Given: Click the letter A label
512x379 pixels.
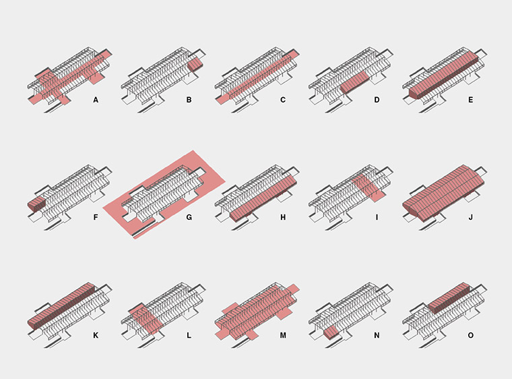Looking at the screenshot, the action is pyautogui.click(x=96, y=100).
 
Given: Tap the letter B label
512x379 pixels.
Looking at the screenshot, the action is pyautogui.click(x=189, y=100).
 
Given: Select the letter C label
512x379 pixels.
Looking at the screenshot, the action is pyautogui.click(x=283, y=100).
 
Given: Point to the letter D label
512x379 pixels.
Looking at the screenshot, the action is pyautogui.click(x=377, y=100).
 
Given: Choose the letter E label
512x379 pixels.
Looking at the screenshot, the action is pyautogui.click(x=470, y=100).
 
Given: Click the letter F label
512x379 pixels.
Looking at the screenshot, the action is pyautogui.click(x=96, y=217).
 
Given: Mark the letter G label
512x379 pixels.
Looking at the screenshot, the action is pyautogui.click(x=189, y=217).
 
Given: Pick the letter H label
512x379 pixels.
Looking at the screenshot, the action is pyautogui.click(x=283, y=217).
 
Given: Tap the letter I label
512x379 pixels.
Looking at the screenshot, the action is pyautogui.click(x=377, y=217).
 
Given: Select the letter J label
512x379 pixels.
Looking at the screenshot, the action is pyautogui.click(x=470, y=217).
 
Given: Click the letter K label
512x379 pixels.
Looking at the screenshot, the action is pyautogui.click(x=96, y=335).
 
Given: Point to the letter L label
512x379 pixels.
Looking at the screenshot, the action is pyautogui.click(x=189, y=335).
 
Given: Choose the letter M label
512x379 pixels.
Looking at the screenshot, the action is pyautogui.click(x=283, y=335).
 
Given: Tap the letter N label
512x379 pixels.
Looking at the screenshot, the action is pyautogui.click(x=377, y=335).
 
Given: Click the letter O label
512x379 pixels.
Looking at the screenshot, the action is pyautogui.click(x=470, y=335).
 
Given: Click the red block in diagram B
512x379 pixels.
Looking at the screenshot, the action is pyautogui.click(x=195, y=65).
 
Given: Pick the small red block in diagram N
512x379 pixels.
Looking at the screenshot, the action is pyautogui.click(x=331, y=332).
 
